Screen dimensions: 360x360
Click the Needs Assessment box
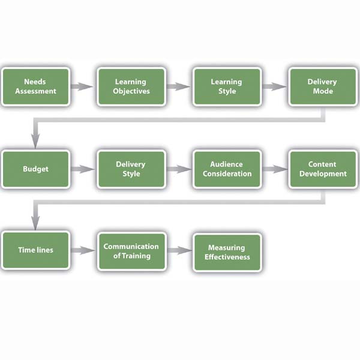click(36, 86)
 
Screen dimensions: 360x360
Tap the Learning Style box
click(227, 86)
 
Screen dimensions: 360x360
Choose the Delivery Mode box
click(322, 86)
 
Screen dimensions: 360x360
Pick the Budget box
click(36, 169)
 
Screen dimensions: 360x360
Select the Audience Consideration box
click(227, 169)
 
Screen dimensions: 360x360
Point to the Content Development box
click(322, 169)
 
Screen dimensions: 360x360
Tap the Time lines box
click(36, 251)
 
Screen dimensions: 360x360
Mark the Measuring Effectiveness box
click(227, 252)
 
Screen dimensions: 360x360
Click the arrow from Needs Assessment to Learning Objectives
click(83, 86)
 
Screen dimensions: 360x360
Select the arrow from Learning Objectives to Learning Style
click(178, 86)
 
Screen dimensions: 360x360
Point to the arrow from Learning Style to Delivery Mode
click(274, 86)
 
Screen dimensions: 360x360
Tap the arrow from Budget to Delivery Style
click(83, 169)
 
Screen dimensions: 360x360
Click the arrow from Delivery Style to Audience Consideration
click(178, 169)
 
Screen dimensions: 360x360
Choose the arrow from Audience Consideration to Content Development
click(274, 169)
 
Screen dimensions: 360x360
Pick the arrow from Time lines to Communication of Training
click(83, 251)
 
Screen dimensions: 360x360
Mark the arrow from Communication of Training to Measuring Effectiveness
click(178, 251)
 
